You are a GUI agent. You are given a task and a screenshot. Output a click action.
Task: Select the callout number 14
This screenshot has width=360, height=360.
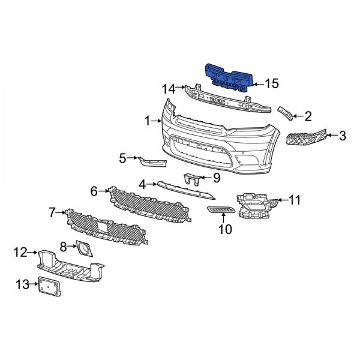click(x=169, y=89)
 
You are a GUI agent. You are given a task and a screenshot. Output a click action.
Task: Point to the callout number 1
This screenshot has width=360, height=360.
click(x=147, y=121)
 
